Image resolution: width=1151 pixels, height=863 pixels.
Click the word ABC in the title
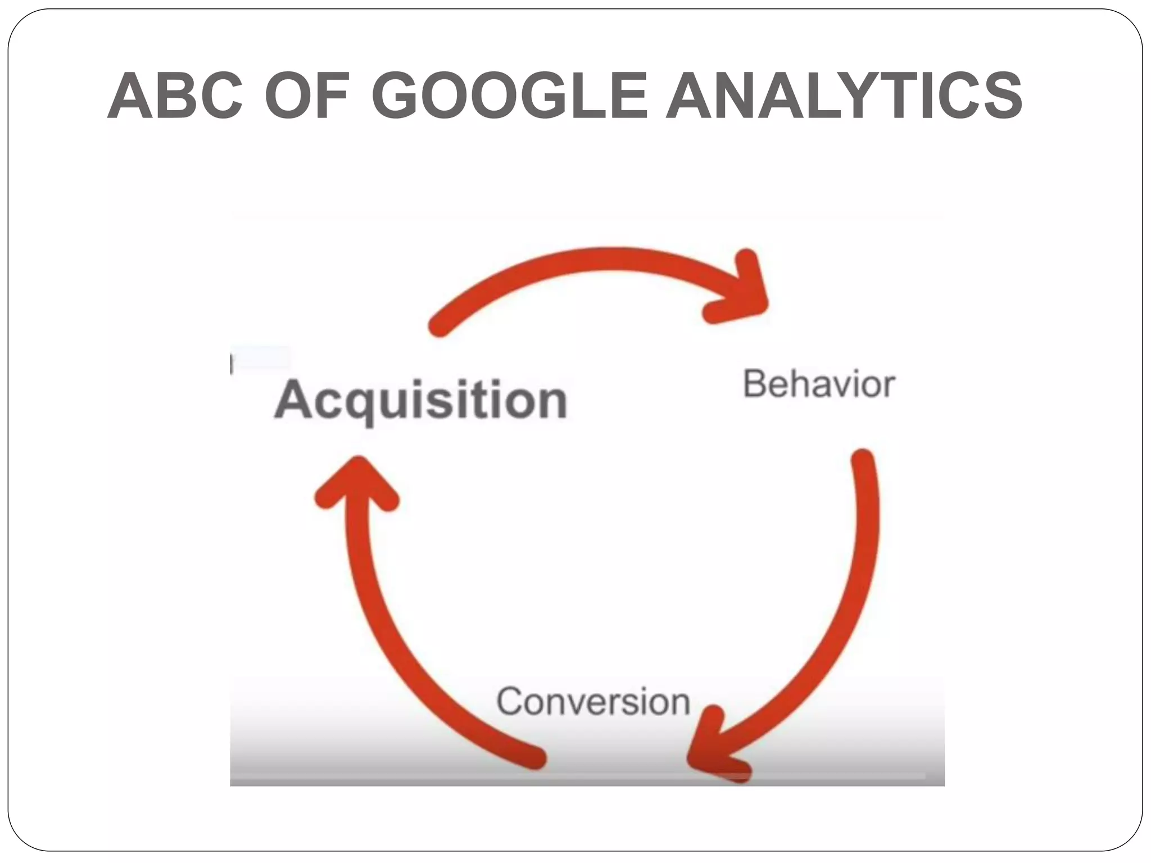tap(175, 96)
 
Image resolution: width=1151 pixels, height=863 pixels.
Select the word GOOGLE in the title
tap(509, 96)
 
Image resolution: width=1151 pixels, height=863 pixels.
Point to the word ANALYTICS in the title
tap(844, 96)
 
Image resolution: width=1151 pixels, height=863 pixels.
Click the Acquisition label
tap(420, 401)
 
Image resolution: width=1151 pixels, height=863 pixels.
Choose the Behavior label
tap(818, 384)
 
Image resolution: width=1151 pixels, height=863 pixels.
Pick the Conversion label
tap(593, 702)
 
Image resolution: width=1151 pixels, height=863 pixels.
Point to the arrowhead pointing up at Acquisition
tap(357, 478)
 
